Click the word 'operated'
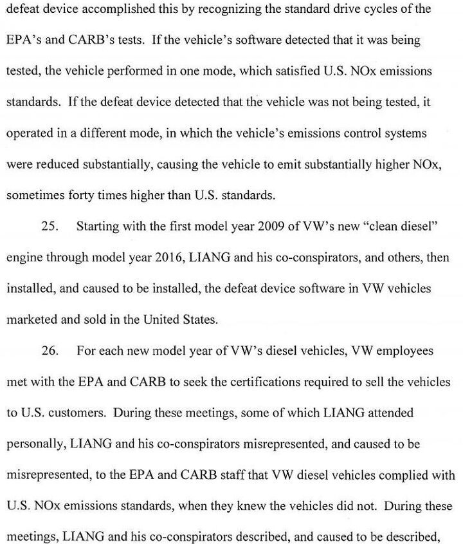click(30, 133)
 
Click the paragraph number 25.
click(50, 227)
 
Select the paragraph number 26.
click(50, 352)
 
